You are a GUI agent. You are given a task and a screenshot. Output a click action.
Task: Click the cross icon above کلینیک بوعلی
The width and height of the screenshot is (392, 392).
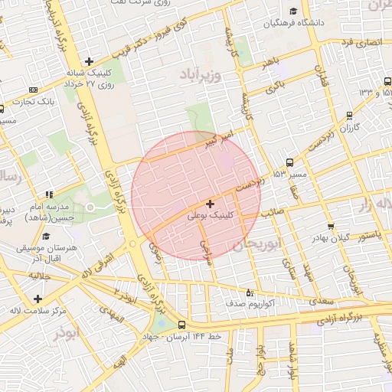point(211,204)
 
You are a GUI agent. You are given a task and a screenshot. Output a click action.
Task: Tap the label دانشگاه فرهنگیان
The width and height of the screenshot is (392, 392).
point(296,23)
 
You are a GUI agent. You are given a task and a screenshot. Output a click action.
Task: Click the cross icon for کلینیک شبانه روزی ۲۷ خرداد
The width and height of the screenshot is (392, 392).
point(90,61)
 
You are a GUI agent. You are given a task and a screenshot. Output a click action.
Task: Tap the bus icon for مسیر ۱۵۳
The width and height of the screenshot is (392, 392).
point(289,162)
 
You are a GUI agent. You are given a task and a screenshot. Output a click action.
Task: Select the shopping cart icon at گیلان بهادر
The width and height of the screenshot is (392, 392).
point(330,226)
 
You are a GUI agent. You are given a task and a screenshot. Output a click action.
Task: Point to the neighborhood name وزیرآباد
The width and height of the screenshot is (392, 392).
point(201,75)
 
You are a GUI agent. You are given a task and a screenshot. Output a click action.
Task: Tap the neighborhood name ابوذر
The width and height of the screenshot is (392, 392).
point(67,334)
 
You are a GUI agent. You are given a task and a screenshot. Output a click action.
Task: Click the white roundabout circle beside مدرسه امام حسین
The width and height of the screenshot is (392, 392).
point(90,207)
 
